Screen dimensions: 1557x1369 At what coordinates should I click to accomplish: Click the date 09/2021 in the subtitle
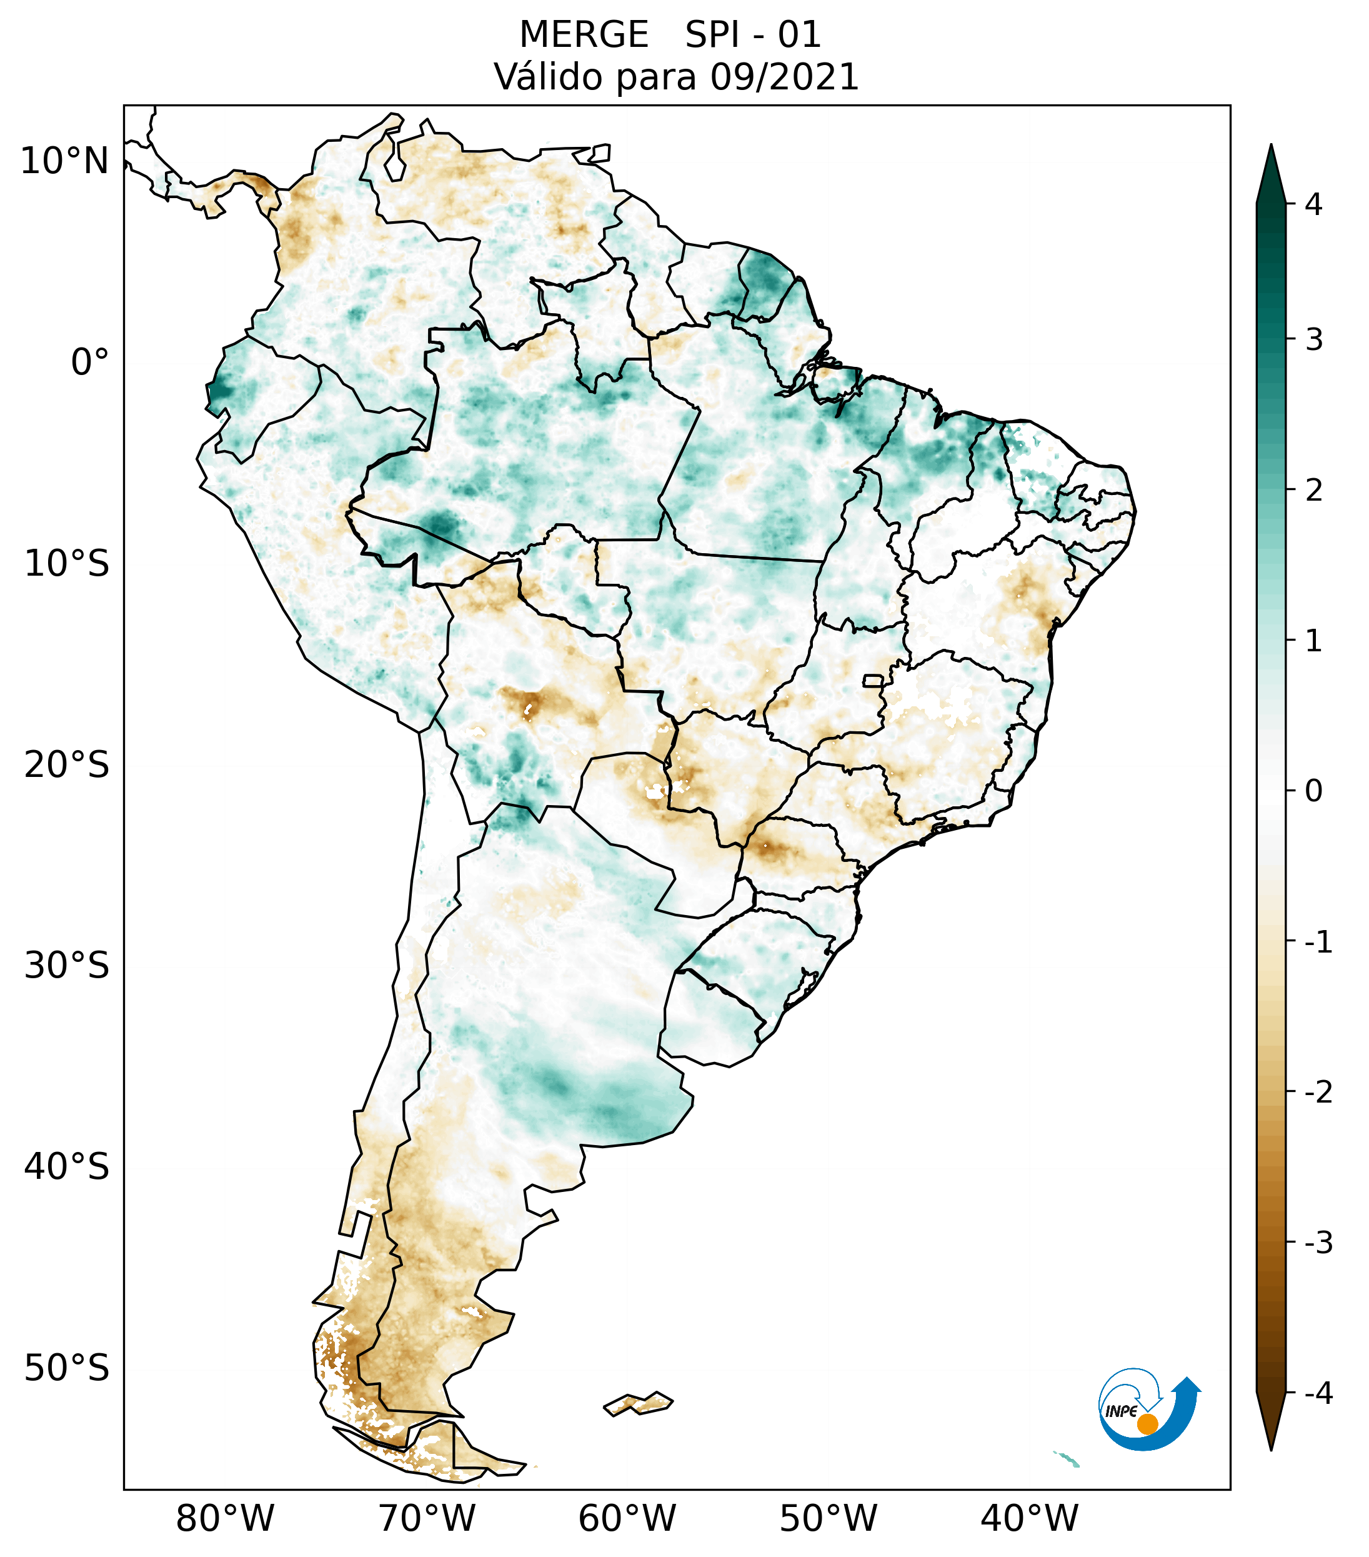784,77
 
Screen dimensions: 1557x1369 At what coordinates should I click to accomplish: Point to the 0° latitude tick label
89,363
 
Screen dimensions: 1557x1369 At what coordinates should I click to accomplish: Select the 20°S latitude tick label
67,765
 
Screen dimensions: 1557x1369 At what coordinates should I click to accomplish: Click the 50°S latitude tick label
67,1369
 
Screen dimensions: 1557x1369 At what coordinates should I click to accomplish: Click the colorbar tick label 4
1313,204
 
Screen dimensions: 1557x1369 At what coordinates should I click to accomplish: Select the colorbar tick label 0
1313,791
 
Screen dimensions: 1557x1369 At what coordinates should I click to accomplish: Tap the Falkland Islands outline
638,1403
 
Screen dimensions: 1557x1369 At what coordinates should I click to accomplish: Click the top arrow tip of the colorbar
1270,146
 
